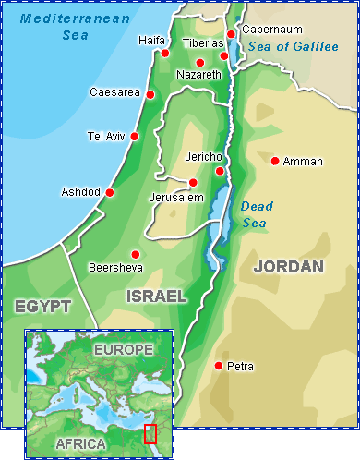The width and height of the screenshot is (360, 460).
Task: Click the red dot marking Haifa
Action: (x=165, y=53)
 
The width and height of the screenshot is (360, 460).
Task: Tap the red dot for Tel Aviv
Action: (x=135, y=136)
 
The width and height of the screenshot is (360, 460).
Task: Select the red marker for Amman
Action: (x=274, y=161)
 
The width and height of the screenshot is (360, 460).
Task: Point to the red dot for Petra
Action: (x=219, y=366)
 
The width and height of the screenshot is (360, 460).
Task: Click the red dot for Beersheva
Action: (x=136, y=254)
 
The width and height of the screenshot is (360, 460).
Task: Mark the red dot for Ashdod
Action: (x=110, y=192)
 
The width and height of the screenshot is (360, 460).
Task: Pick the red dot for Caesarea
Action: (x=150, y=92)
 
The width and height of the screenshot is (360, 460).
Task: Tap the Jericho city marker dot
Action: (x=220, y=171)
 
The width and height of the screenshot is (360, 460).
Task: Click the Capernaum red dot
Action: (x=231, y=34)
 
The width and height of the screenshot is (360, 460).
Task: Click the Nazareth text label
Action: (x=198, y=74)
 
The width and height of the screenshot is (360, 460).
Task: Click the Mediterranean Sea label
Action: (x=62, y=27)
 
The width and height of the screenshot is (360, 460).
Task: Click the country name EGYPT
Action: (x=42, y=306)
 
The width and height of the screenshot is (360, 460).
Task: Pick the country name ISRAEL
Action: (x=155, y=296)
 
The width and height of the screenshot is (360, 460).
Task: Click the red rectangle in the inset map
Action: (x=150, y=432)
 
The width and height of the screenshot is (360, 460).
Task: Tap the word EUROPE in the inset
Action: (x=122, y=350)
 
